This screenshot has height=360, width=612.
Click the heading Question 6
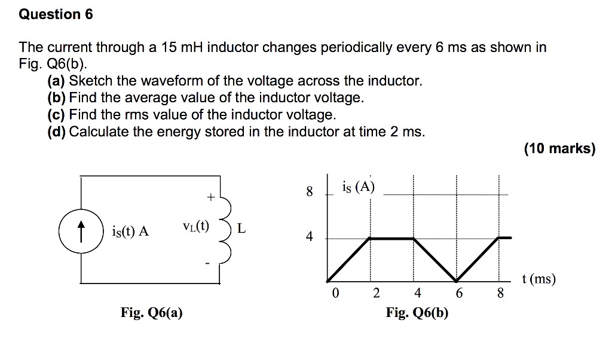coord(56,14)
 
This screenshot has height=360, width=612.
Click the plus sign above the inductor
coord(210,196)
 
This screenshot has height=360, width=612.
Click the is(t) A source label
coord(130,231)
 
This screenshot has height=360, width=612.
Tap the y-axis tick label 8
coord(309,192)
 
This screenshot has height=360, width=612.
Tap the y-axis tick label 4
coord(309,237)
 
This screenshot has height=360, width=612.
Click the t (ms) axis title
coord(538,279)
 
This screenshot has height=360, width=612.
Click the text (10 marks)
coord(560,149)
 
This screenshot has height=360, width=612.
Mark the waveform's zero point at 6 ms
coord(457,281)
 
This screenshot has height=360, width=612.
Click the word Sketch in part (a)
coord(88,81)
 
